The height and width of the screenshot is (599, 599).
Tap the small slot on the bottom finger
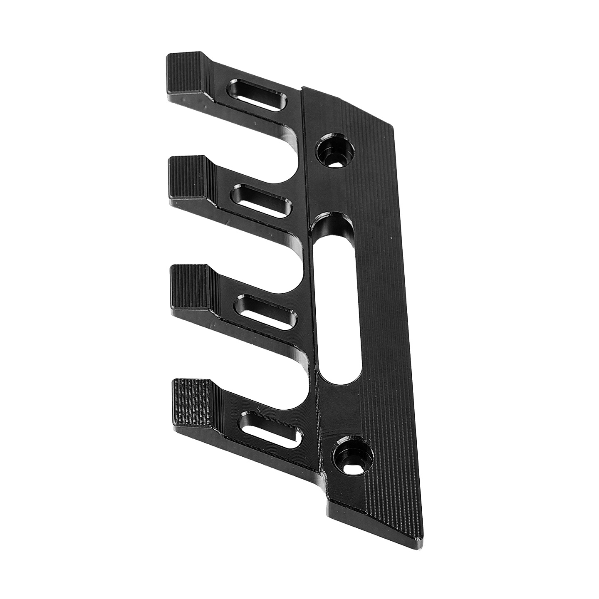click(271, 431)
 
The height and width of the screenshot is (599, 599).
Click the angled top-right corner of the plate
click(389, 125)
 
